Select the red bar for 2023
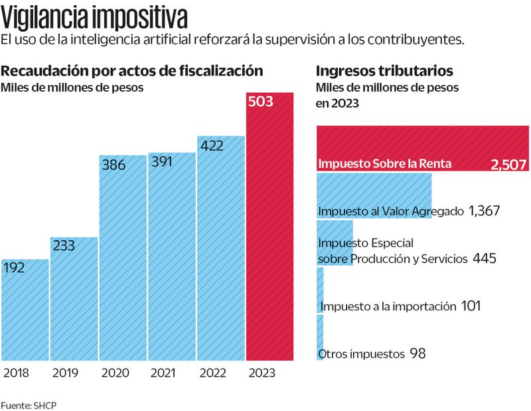pos(269,239)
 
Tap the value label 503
pos(259,102)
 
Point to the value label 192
pos(15,268)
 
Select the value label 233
pos(64,245)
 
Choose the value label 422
pos(210,144)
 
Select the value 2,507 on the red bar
pos(508,164)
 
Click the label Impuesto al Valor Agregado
pos(391,211)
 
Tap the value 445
pos(485,258)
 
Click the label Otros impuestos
pos(362,353)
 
